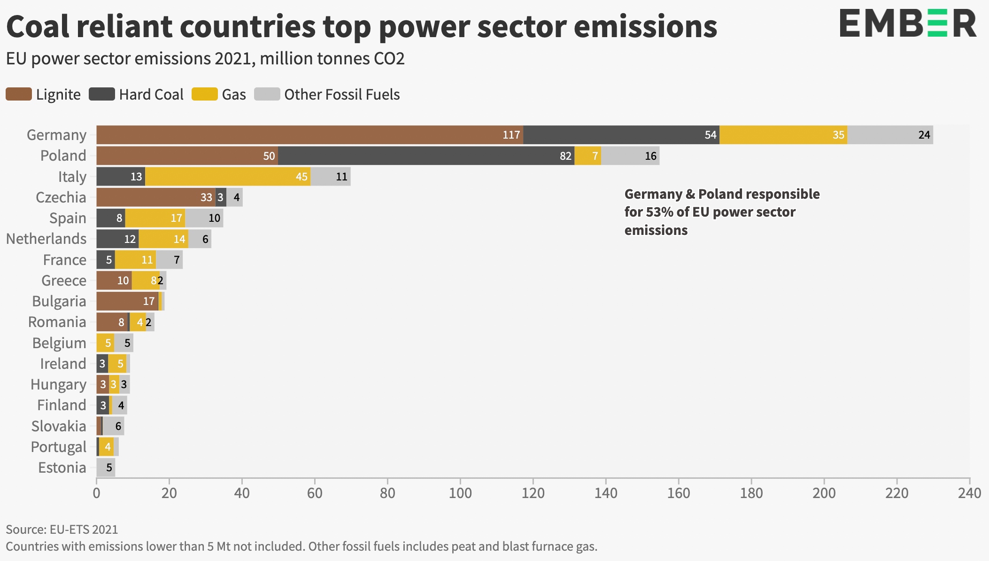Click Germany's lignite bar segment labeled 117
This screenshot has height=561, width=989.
pos(310,135)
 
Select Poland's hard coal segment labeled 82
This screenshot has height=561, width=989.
pos(426,156)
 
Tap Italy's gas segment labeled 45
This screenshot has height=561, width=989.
pos(228,177)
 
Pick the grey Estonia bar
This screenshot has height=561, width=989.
pos(106,467)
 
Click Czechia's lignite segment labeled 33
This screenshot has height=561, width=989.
pos(156,197)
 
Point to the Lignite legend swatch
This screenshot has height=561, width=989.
pos(19,94)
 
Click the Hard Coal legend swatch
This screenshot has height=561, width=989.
pos(102,94)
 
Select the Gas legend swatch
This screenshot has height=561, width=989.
pos(205,94)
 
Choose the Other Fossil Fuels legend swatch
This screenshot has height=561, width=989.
pos(267,94)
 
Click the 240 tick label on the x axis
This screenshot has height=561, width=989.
pos(970,493)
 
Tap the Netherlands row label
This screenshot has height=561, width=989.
pos(46,239)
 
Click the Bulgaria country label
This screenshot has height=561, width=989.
pos(59,301)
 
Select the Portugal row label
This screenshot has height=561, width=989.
pos(59,447)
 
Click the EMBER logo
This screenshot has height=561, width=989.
pos(908,23)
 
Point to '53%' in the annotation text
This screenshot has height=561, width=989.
pos(659,212)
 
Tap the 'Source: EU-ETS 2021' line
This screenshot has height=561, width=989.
pos(62,530)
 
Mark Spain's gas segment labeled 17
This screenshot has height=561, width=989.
pos(155,218)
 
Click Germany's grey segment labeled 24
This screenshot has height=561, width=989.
pos(890,135)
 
